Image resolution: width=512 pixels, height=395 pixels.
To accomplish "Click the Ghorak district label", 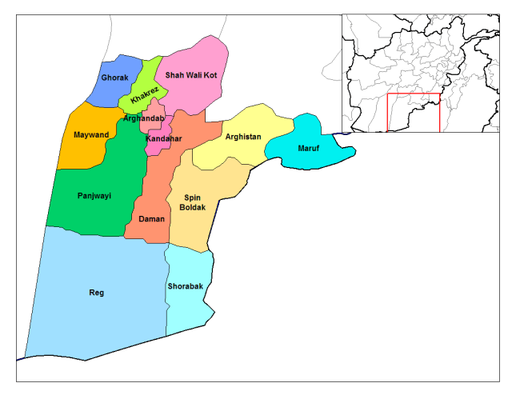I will [x=114, y=78].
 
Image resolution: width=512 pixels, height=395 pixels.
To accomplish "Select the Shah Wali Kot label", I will [x=191, y=75].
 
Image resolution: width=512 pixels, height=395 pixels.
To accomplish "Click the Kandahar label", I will [x=163, y=139].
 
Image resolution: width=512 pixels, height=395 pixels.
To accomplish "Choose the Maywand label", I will [x=90, y=135].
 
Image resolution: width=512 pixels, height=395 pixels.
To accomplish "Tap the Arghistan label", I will [x=243, y=137].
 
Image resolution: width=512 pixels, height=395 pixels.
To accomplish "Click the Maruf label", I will [x=309, y=149].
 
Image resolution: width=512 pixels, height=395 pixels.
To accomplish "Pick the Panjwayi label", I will [x=94, y=196].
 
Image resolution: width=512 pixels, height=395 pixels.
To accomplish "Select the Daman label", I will [x=152, y=218].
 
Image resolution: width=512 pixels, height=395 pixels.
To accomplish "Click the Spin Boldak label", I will [x=192, y=201].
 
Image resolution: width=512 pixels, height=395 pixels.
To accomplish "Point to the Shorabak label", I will [x=186, y=285].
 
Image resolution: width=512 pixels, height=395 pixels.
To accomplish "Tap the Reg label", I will [x=96, y=292].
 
